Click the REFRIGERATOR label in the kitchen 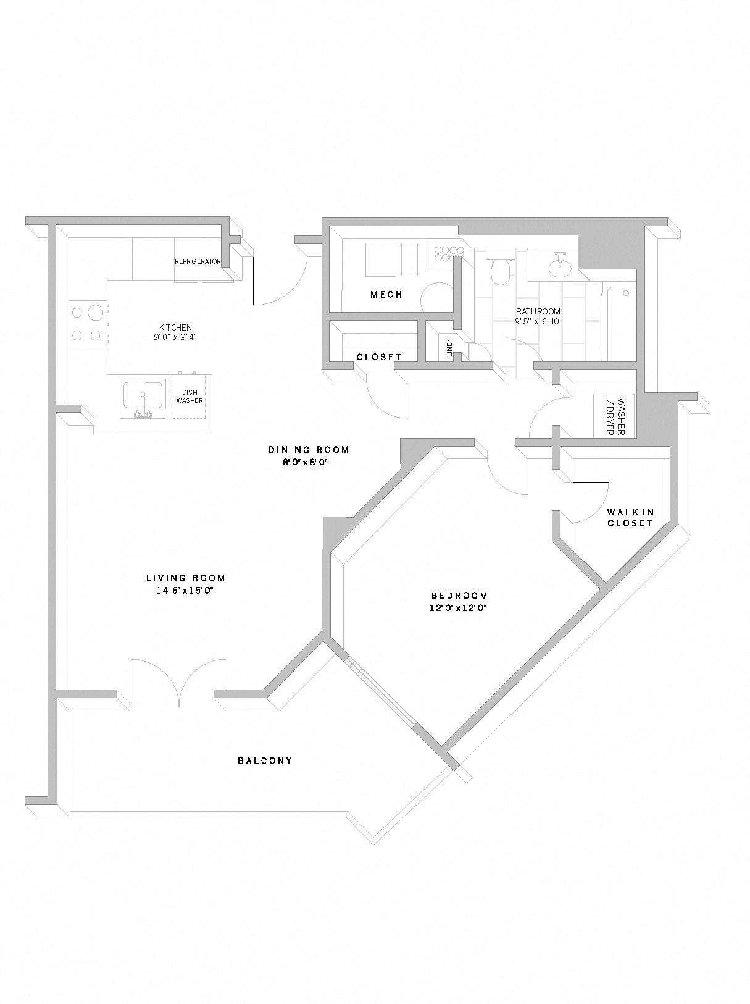(198, 261)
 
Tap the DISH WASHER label (190, 397)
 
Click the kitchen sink (143, 399)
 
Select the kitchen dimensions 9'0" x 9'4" (175, 337)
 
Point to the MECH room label (386, 295)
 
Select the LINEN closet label (449, 348)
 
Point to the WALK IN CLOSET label (630, 518)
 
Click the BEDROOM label (459, 596)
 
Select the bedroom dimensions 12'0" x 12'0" (459, 608)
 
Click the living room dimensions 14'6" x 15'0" (185, 591)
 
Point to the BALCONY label (265, 761)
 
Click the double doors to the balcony (178, 683)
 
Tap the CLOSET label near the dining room (379, 357)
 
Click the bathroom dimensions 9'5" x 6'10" (538, 322)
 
